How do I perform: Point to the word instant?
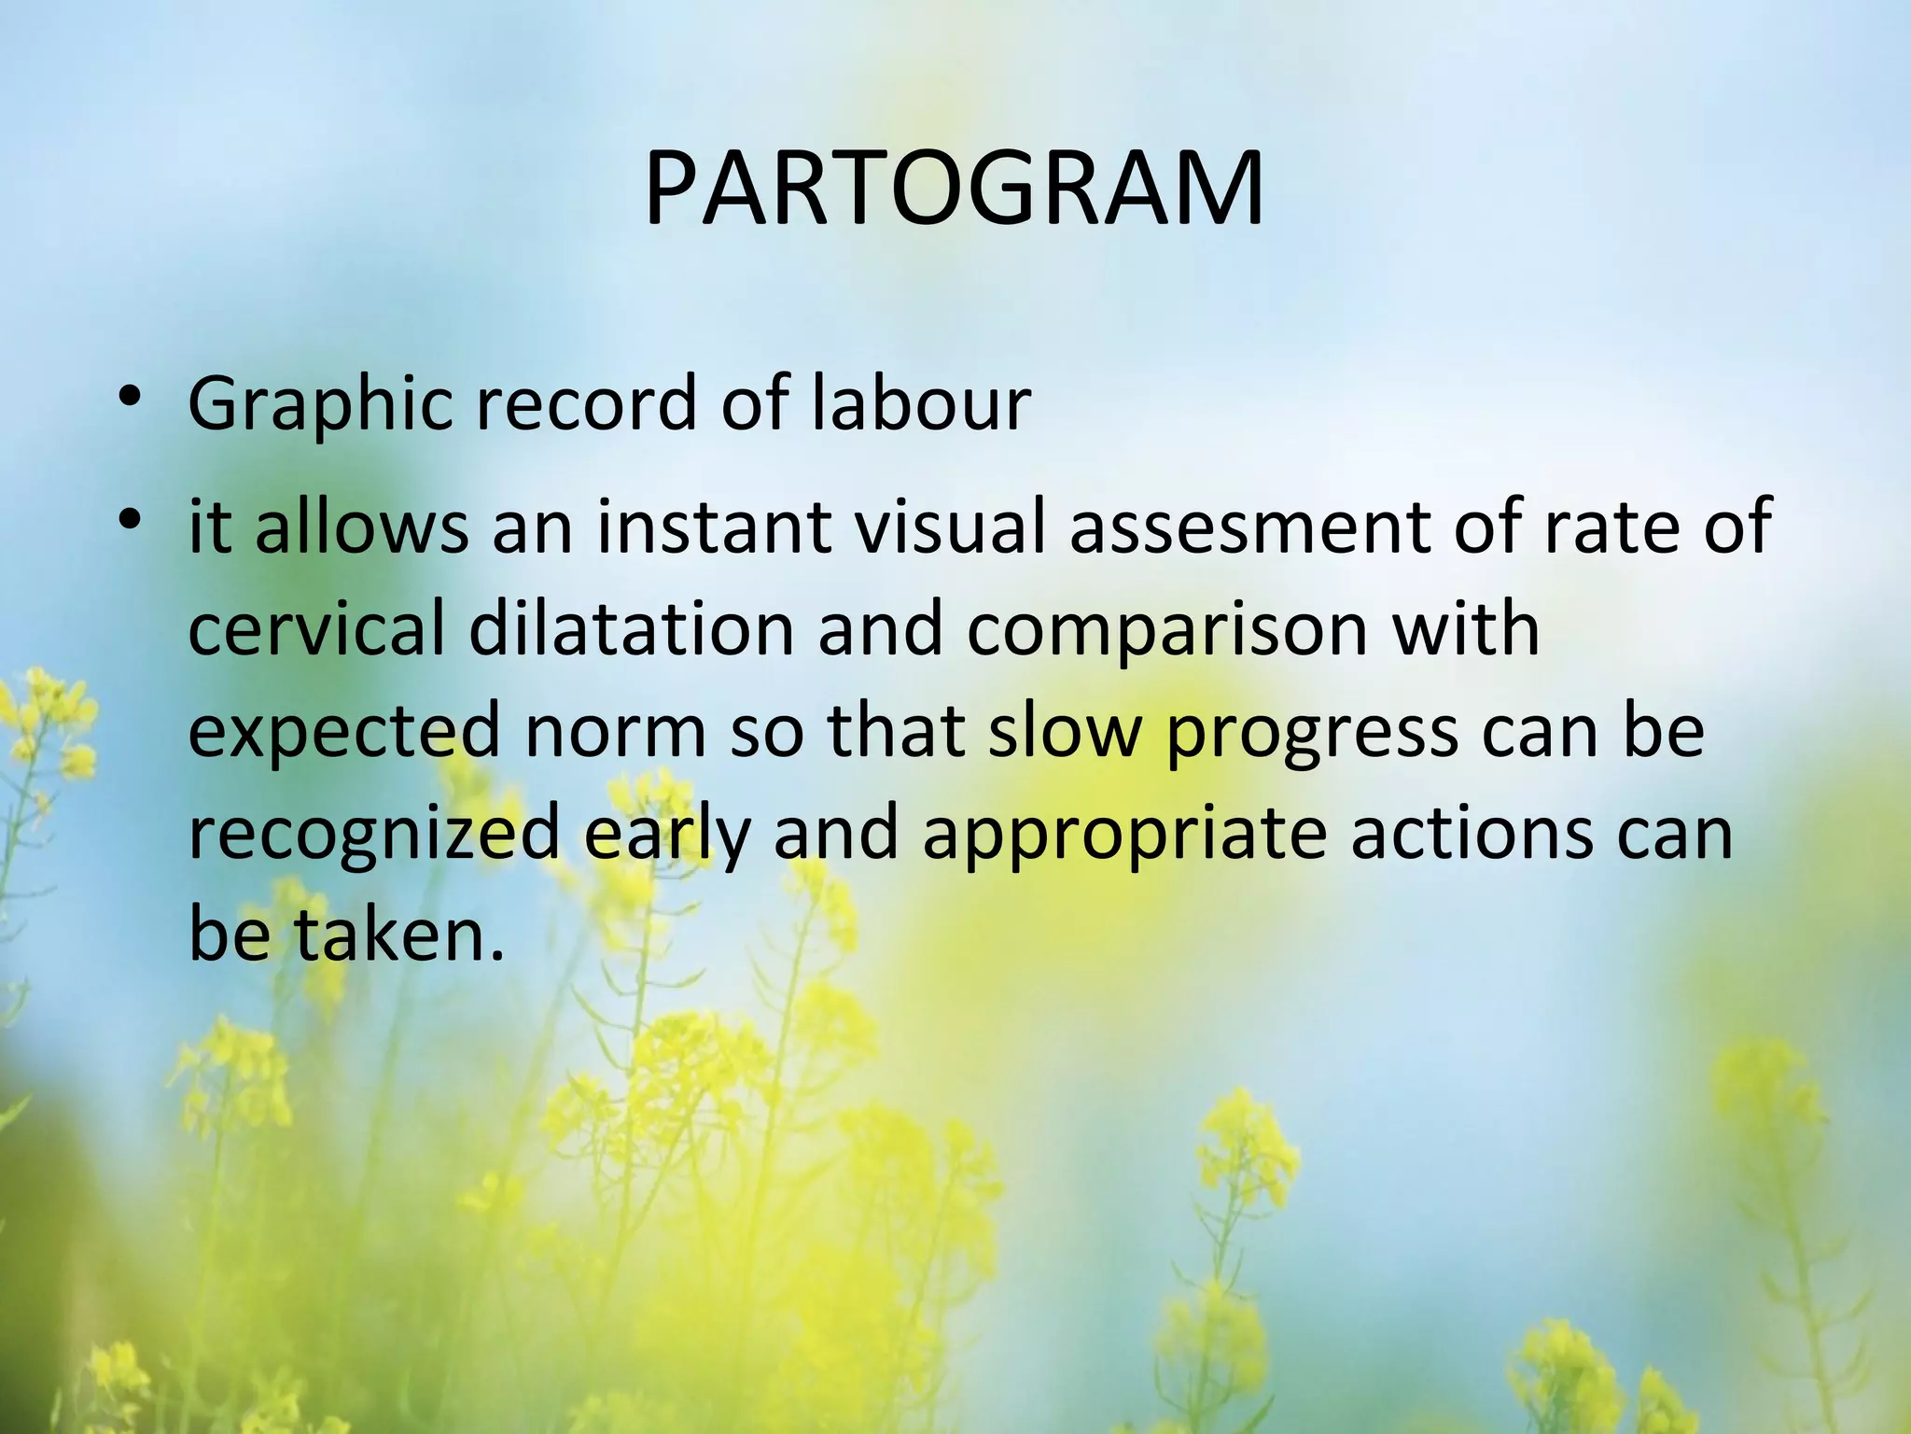(713, 526)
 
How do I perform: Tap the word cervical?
(316, 628)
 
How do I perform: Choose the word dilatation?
(631, 628)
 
